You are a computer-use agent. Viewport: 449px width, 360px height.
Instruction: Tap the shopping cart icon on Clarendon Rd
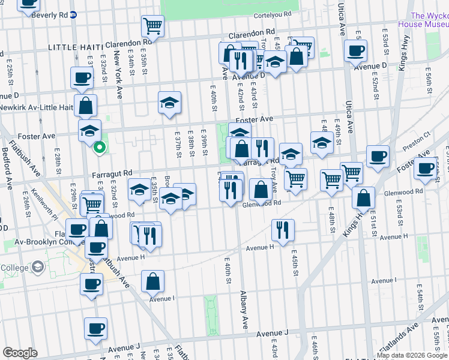[x=152, y=26]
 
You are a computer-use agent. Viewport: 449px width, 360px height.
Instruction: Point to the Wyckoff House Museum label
[x=429, y=20]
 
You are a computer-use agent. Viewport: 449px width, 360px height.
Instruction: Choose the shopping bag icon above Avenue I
[x=152, y=281]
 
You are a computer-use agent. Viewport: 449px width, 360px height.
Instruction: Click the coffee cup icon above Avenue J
[x=95, y=328]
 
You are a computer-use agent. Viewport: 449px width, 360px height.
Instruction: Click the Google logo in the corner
[x=20, y=352]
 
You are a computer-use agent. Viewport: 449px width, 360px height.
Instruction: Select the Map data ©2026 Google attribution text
[x=411, y=355]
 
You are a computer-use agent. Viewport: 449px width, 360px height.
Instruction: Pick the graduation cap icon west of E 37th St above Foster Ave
[x=169, y=103]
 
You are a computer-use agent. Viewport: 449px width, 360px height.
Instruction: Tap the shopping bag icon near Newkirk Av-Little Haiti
[x=86, y=106]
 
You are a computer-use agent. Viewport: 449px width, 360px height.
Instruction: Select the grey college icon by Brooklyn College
[x=38, y=266]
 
